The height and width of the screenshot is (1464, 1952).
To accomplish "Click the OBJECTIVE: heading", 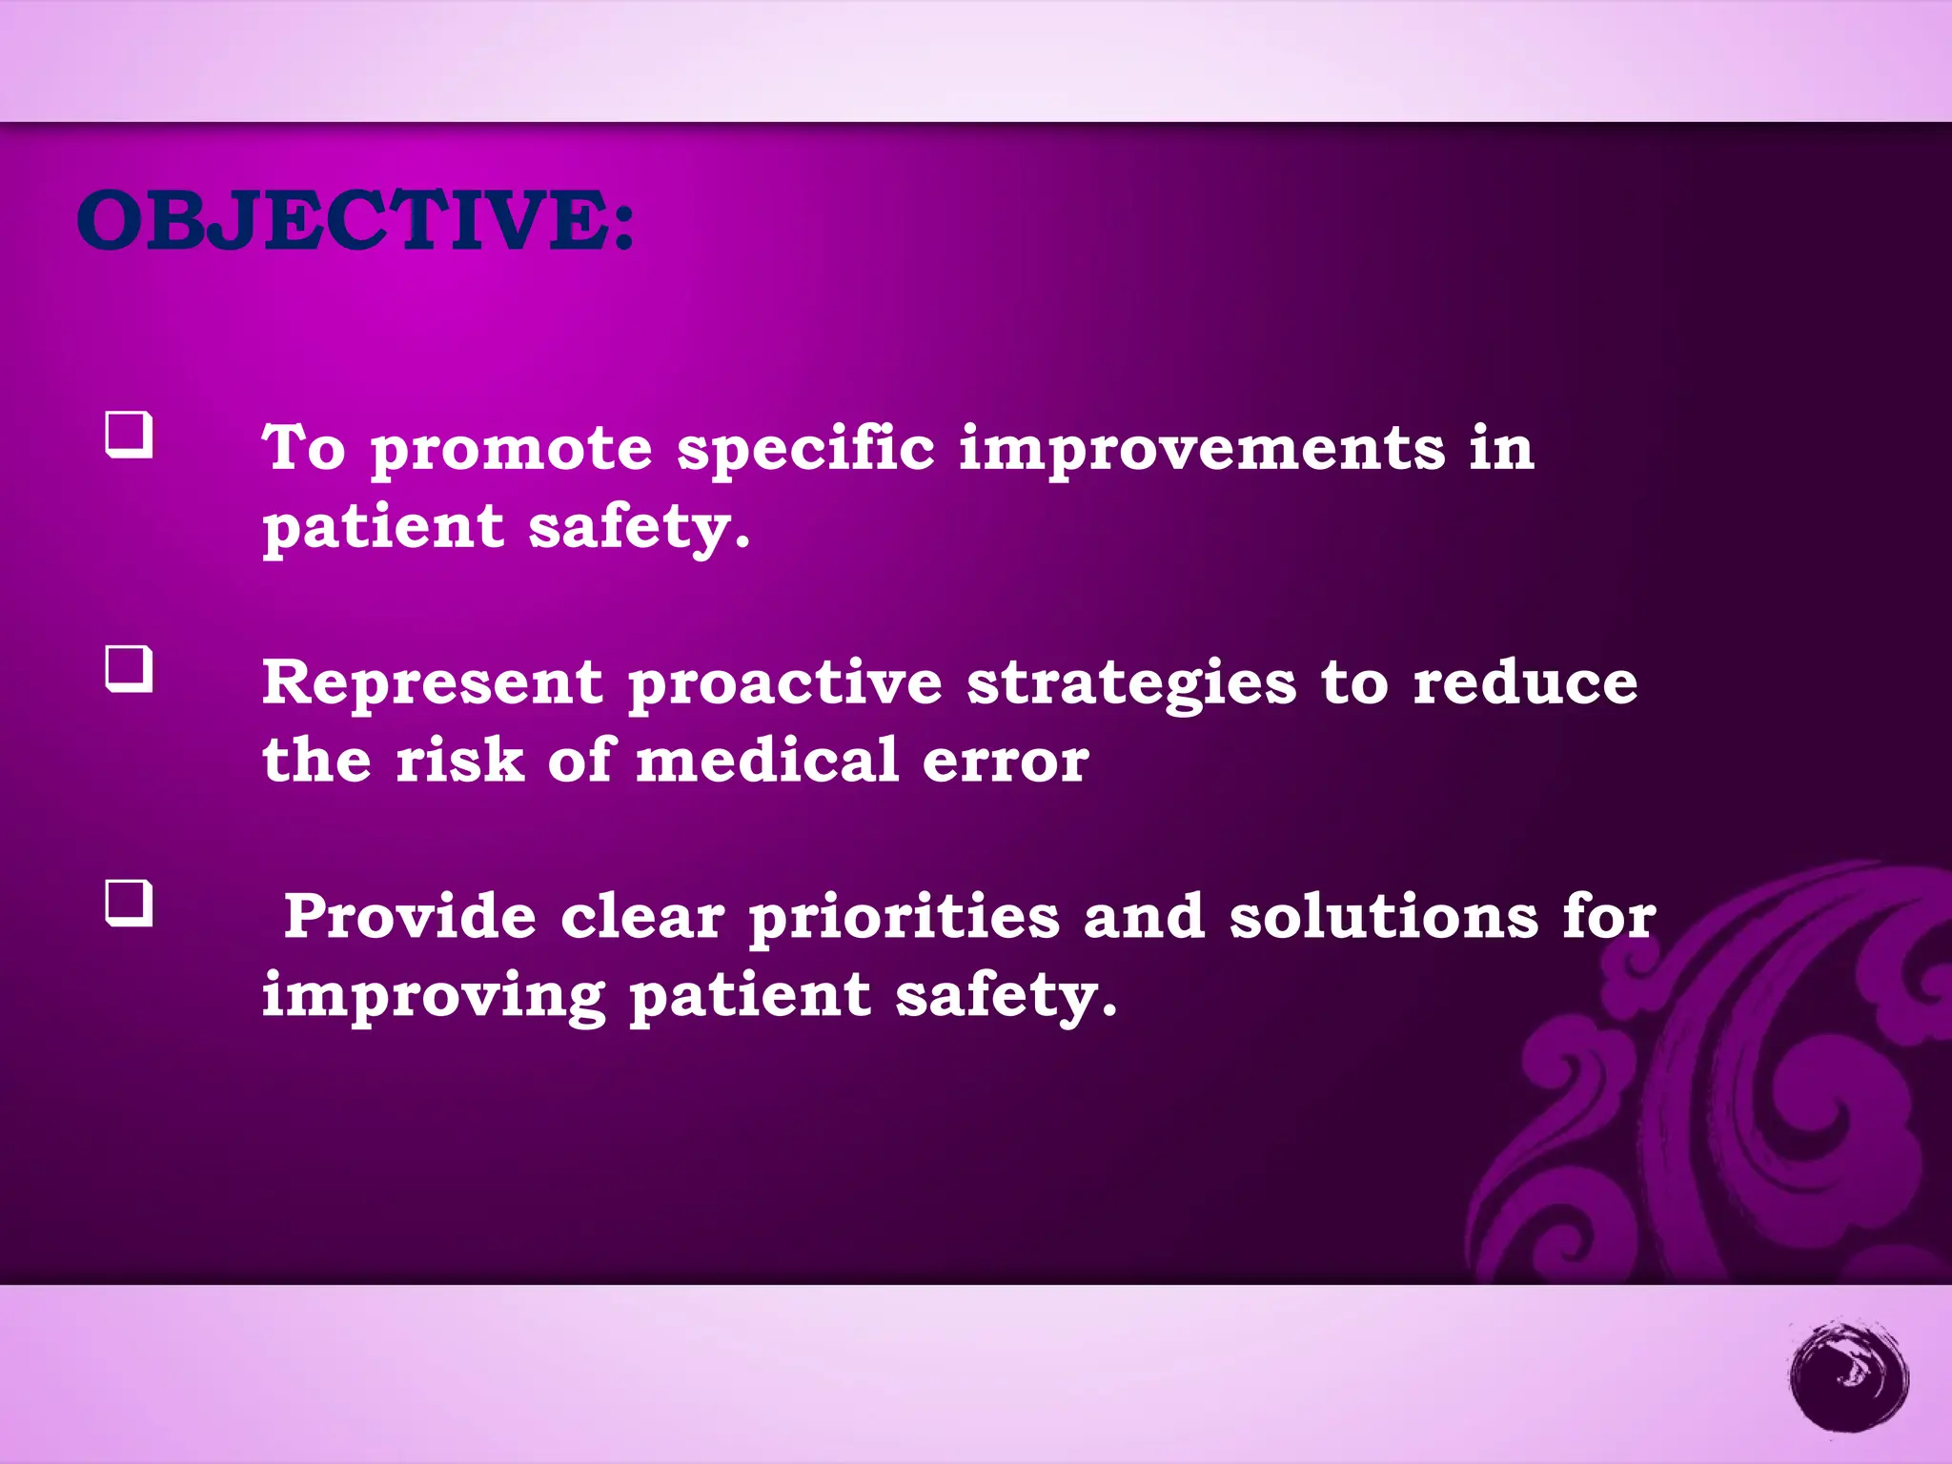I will (355, 220).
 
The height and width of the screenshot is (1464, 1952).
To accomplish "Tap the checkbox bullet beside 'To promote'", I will (129, 435).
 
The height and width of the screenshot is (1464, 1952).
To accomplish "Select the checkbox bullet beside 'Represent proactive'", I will (129, 669).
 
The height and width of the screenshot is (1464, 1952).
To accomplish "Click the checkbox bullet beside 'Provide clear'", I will (129, 903).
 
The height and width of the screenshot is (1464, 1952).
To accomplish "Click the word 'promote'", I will (511, 450).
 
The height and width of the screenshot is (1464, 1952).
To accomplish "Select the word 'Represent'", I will (433, 682).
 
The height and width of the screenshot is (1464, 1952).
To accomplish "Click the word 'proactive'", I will (784, 684).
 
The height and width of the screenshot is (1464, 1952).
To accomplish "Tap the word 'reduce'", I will (1525, 682).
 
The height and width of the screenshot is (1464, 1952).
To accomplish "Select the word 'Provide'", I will (410, 917).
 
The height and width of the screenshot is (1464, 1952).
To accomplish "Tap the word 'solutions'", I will (1383, 917).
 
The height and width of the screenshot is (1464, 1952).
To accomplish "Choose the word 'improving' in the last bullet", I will (434, 997).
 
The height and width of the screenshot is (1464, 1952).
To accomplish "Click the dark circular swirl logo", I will (1848, 1375).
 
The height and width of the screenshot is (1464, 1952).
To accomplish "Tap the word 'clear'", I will (642, 917).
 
